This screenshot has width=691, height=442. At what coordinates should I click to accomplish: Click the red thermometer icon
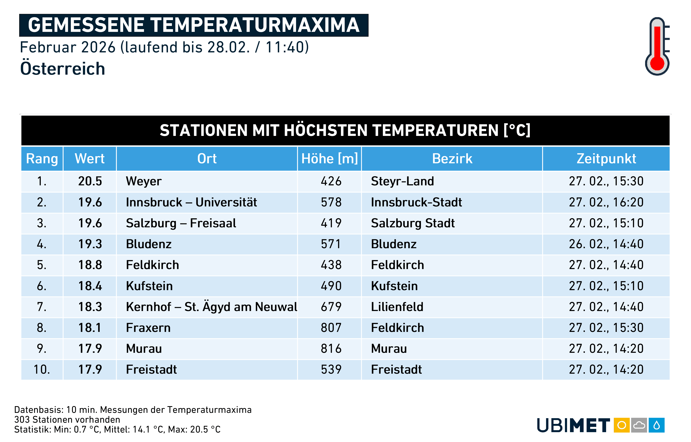click(x=657, y=46)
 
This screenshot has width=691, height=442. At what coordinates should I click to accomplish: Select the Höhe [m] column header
click(x=329, y=159)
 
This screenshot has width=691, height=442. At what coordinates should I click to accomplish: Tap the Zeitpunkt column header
click(x=606, y=159)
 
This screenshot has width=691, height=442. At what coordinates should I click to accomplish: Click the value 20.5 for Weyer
click(x=90, y=181)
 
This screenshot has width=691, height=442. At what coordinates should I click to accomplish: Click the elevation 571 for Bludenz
click(x=331, y=244)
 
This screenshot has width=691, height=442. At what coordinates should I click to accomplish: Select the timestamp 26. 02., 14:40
click(x=606, y=244)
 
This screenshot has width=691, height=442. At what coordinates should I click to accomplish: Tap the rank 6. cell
click(x=42, y=286)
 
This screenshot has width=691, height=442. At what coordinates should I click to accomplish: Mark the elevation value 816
click(x=331, y=349)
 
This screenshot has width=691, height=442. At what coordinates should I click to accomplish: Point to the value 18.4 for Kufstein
click(x=90, y=286)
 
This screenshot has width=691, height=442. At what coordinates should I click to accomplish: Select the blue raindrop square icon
click(x=657, y=425)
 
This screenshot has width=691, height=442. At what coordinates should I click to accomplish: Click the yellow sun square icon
click(x=621, y=425)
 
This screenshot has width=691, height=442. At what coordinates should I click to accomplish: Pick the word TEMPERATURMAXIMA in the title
click(x=255, y=25)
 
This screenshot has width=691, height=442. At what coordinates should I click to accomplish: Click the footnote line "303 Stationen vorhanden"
click(x=67, y=420)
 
